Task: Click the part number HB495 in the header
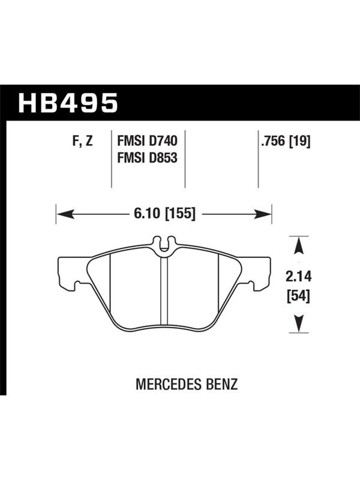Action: tap(68, 103)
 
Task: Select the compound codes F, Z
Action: tap(82, 141)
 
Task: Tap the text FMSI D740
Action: tap(147, 141)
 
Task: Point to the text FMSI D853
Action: tap(147, 158)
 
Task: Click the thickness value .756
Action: tap(273, 141)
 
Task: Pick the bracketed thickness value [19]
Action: tap(299, 141)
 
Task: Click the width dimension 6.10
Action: tap(147, 213)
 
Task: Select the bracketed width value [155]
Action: tap(180, 214)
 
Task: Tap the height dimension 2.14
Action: tap(298, 277)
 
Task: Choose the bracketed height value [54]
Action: tap(298, 296)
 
